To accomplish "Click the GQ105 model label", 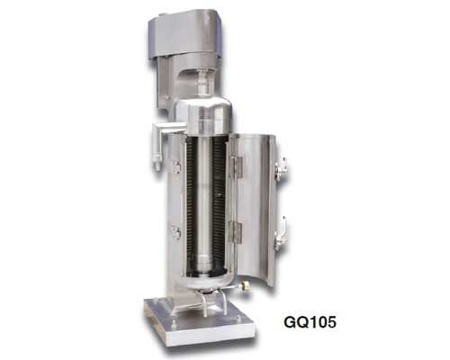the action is (310, 322).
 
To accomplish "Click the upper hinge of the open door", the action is (236, 166).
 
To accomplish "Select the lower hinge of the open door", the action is (235, 231).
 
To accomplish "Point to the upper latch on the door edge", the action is (282, 169).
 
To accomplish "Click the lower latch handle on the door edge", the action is (281, 233).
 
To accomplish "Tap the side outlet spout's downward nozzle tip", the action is (157, 166).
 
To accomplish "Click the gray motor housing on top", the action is (185, 36).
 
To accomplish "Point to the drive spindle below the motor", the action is (203, 83).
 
